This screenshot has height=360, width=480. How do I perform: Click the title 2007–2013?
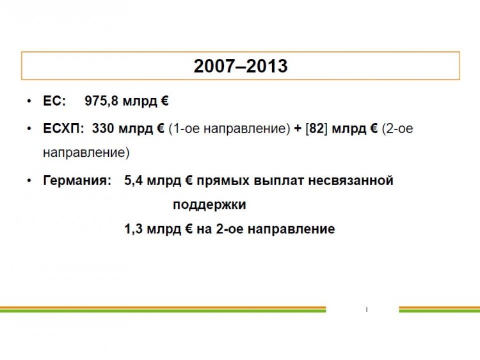(x=241, y=66)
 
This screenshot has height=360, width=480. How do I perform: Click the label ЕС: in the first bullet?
(x=54, y=101)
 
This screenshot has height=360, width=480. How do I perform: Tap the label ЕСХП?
(x=63, y=128)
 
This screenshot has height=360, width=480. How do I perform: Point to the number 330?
(x=103, y=128)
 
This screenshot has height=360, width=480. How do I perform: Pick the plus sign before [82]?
(x=298, y=129)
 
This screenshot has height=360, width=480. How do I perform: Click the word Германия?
(x=77, y=181)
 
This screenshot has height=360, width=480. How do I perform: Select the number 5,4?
(x=134, y=181)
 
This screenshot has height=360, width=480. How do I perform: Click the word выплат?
(x=278, y=181)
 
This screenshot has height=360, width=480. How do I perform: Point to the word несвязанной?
(x=351, y=181)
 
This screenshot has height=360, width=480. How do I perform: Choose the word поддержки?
(x=209, y=205)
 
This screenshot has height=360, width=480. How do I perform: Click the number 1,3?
(x=134, y=229)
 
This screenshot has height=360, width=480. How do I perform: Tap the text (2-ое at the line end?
(x=397, y=129)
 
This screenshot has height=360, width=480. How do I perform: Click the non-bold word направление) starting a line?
(x=86, y=152)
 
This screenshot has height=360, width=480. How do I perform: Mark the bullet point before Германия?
(x=29, y=181)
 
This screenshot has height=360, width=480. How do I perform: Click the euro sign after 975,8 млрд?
(x=164, y=101)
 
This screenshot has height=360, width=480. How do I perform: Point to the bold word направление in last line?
(x=291, y=229)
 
